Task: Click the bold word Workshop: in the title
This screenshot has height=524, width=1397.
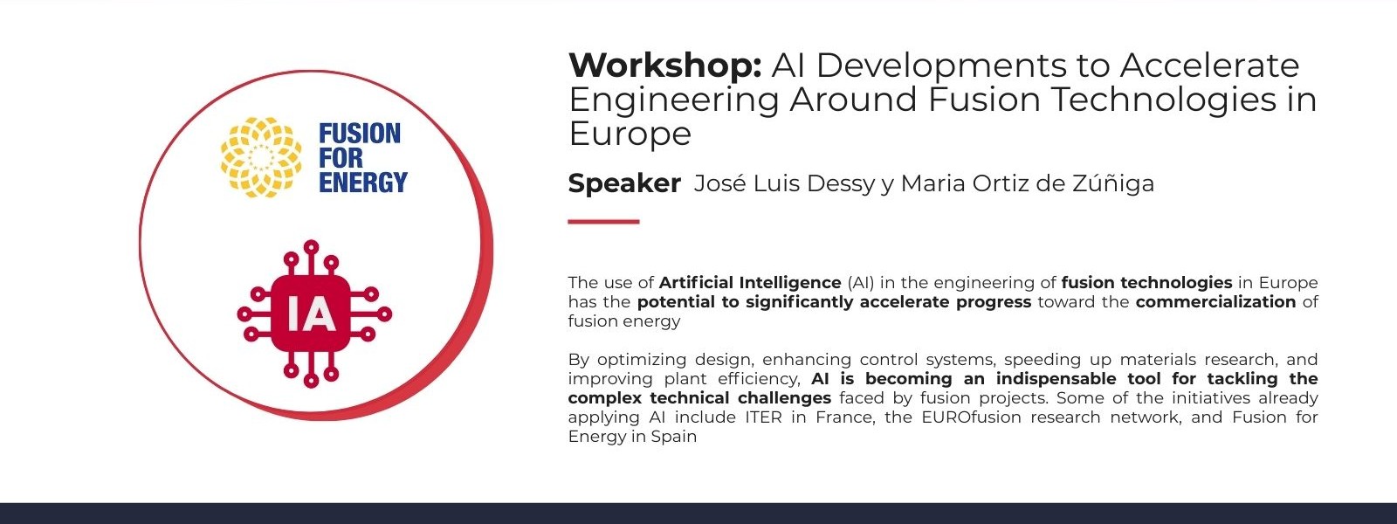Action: click(664, 65)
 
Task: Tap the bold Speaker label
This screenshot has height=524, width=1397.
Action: click(624, 184)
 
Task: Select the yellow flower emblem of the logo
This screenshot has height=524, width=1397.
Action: click(261, 157)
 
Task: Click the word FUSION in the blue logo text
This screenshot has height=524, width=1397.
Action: click(360, 134)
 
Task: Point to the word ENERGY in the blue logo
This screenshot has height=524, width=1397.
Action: click(363, 183)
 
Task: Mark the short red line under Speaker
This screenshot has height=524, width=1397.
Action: click(603, 222)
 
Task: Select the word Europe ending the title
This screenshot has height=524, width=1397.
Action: click(630, 134)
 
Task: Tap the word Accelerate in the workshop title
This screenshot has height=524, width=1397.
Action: click(1209, 65)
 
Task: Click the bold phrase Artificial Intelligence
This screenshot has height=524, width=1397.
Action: click(750, 283)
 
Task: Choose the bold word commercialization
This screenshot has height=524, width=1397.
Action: click(1215, 302)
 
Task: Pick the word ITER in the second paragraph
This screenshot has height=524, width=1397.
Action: click(763, 417)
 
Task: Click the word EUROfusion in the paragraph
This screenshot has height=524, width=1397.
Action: click(971, 417)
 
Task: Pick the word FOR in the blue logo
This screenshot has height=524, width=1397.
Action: click(341, 158)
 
